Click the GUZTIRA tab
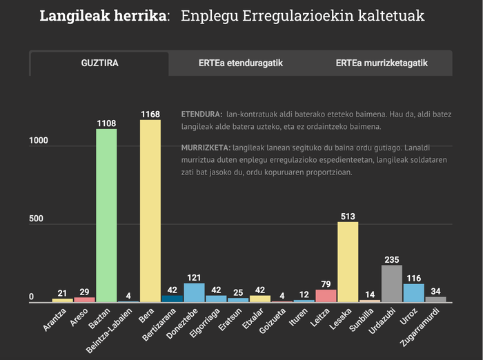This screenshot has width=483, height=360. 100,63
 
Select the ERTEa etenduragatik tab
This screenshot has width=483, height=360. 241,63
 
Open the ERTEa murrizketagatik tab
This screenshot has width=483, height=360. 382,63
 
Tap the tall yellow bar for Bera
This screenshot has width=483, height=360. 150,211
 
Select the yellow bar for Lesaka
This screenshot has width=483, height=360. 348,262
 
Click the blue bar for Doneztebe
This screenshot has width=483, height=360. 195,292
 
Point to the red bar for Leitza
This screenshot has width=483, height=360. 326,296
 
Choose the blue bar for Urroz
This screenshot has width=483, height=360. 414,293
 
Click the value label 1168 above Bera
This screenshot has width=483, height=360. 150,114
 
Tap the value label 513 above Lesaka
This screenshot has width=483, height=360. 348,216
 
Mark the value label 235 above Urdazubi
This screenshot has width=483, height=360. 392,259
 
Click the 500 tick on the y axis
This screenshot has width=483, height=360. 36,219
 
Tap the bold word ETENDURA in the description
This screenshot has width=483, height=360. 201,113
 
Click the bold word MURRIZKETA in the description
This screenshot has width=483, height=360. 206,148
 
